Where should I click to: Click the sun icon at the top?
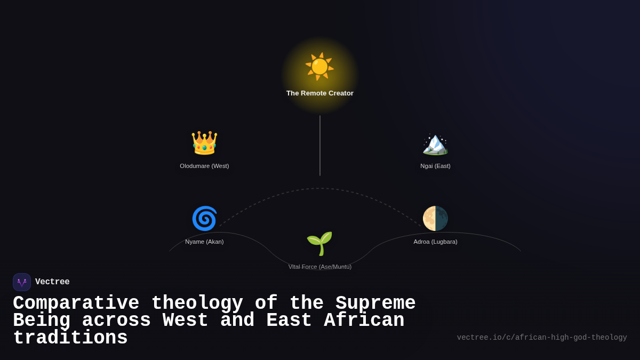[319, 67]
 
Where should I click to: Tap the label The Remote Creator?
[320, 93]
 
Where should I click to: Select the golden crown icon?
[204, 143]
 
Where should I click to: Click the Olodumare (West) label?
[204, 166]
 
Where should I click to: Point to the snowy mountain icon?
[435, 143]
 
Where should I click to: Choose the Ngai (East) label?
[435, 166]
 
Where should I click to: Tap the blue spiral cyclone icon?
[204, 218]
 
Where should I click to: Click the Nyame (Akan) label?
[204, 242]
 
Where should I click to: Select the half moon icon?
[435, 218]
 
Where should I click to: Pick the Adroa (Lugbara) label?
[435, 242]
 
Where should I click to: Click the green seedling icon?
[319, 243]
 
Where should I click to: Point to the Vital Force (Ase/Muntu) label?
[320, 267]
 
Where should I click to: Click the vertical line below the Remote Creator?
[320, 146]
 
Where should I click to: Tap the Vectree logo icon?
[22, 282]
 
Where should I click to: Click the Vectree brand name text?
[52, 282]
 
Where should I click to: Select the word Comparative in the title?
[76, 303]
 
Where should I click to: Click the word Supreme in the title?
[375, 303]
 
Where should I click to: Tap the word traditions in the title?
[70, 338]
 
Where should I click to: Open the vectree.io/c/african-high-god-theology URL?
[542, 338]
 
